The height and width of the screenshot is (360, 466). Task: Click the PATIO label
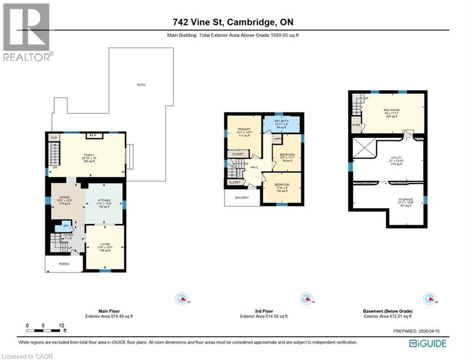pos(141,85)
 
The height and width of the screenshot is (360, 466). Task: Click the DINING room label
pos(65,197)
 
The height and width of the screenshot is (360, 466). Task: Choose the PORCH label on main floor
pos(64,264)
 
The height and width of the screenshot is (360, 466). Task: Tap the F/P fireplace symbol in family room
pos(94,136)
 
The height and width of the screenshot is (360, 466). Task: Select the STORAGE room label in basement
pos(406,200)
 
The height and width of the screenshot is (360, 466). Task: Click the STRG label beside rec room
pos(356,125)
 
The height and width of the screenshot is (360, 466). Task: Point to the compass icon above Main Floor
pos(181,299)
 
